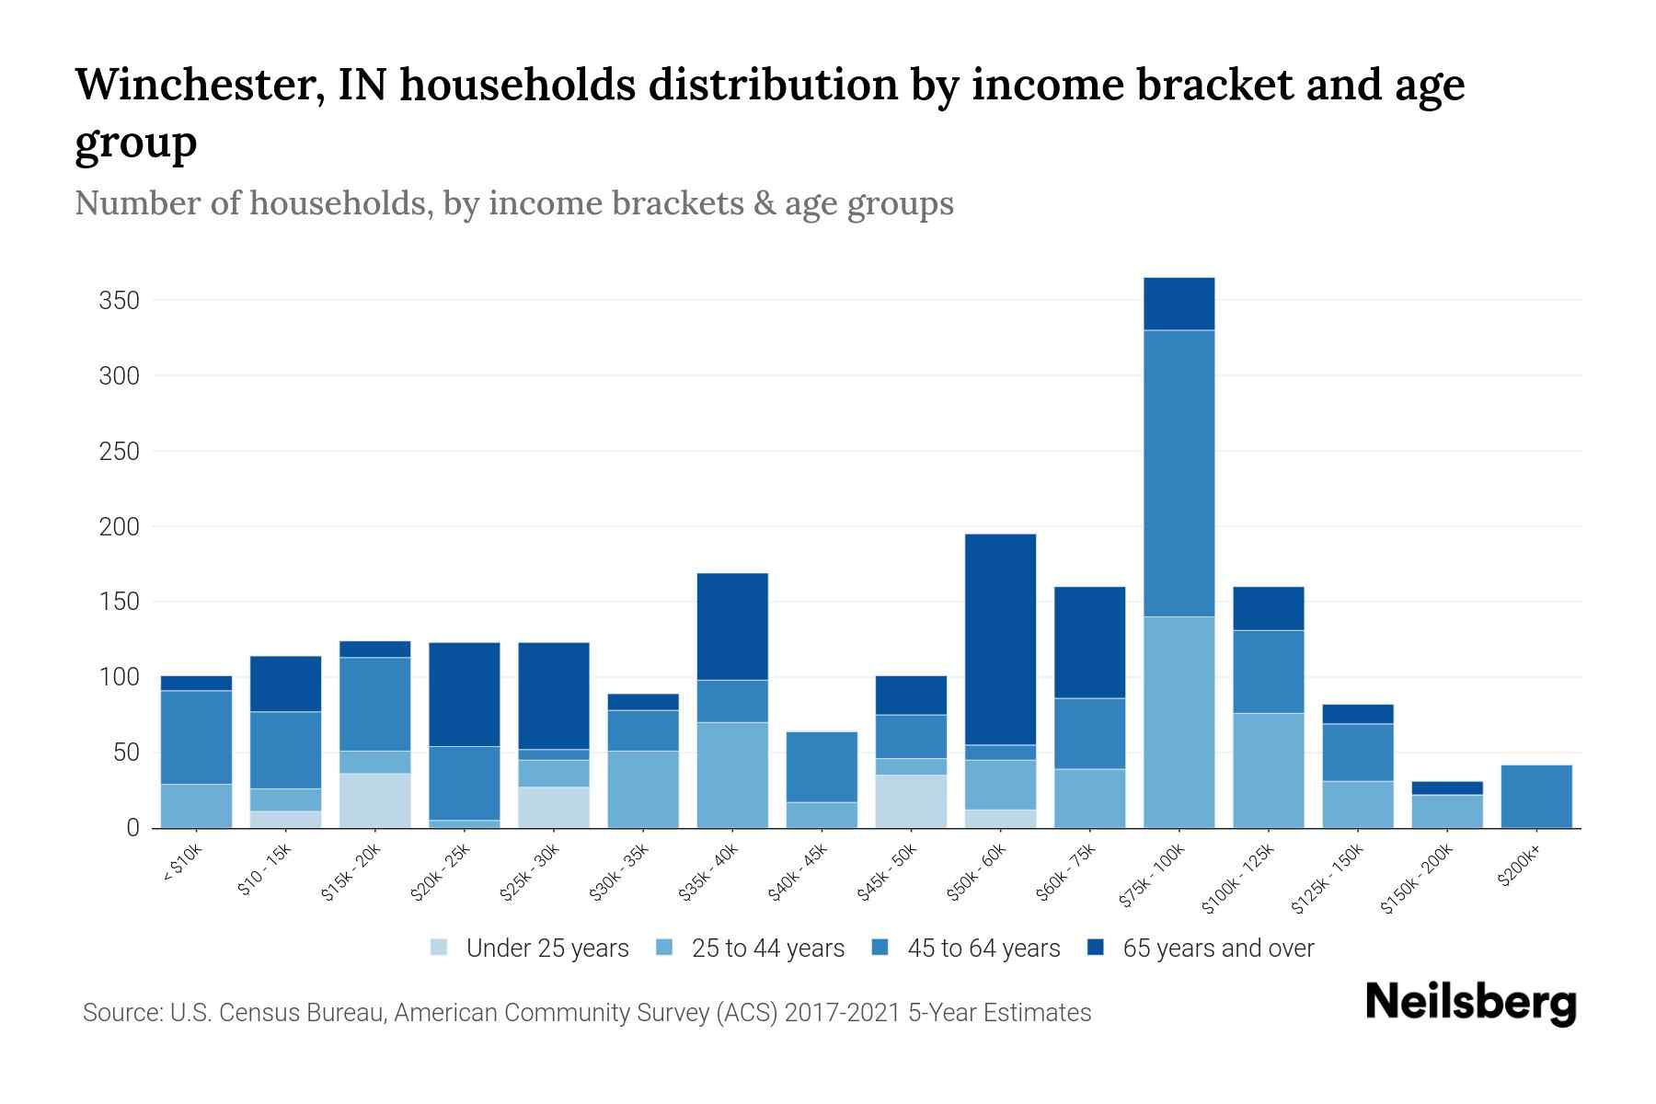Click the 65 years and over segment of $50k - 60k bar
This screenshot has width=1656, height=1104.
[1000, 638]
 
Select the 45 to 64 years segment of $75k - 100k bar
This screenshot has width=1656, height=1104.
[1179, 473]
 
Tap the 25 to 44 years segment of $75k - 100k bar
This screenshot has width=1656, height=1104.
[1179, 722]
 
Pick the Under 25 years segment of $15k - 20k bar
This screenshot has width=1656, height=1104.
[375, 800]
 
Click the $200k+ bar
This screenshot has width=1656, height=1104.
[1535, 797]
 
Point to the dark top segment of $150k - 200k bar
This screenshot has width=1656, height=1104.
[1446, 788]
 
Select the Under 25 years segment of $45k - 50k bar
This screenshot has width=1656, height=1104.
[911, 801]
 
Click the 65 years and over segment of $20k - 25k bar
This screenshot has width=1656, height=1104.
[465, 694]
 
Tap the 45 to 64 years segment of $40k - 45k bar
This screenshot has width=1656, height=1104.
[822, 766]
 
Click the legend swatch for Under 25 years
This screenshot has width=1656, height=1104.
[439, 948]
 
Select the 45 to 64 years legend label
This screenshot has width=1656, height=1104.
[983, 948]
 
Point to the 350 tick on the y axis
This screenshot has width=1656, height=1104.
[119, 301]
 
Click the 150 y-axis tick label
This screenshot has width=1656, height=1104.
[119, 602]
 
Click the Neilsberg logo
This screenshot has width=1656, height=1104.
[1470, 1002]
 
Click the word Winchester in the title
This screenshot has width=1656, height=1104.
[199, 85]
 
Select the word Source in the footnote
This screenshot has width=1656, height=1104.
[121, 1013]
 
